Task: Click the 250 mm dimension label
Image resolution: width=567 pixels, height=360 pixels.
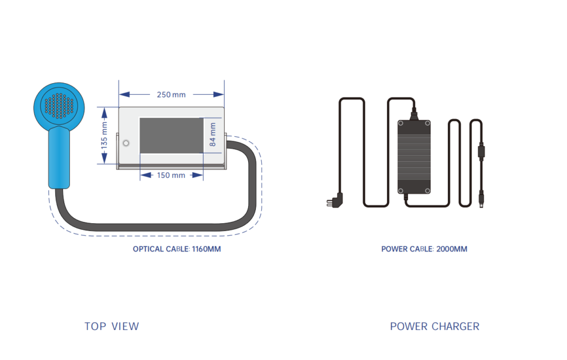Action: coord(171,95)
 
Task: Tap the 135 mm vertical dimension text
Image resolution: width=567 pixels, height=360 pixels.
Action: coord(104,136)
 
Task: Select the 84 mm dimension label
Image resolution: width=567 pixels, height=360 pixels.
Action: coord(213,135)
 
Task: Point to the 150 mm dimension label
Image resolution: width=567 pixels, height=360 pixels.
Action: coord(171,176)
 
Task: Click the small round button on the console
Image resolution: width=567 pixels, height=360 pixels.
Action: coord(126,143)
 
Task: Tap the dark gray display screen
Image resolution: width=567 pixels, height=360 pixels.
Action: coord(172,136)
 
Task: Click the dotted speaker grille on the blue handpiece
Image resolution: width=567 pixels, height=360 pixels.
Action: coord(59,106)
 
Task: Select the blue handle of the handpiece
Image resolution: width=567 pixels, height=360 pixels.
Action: coord(59,158)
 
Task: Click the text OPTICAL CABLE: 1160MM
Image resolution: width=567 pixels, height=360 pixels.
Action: coord(177,249)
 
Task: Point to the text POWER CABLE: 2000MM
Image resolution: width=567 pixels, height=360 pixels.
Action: coord(424,249)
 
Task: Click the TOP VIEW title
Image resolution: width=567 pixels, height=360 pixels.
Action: coord(112,326)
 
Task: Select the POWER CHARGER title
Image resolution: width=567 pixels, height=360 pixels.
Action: coord(435,326)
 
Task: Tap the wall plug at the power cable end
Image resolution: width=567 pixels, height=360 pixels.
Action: coord(335,201)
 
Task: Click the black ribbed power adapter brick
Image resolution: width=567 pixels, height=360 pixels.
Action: coord(414,157)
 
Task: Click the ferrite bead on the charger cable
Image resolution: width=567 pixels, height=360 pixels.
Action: coord(481,151)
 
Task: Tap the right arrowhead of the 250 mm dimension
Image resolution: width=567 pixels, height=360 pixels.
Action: coord(219,95)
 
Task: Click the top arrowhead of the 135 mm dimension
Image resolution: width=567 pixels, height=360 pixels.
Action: coord(105,113)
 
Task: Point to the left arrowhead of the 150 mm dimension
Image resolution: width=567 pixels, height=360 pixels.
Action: coord(146,175)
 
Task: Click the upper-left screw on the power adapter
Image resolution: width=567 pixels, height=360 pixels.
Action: coord(401,124)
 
